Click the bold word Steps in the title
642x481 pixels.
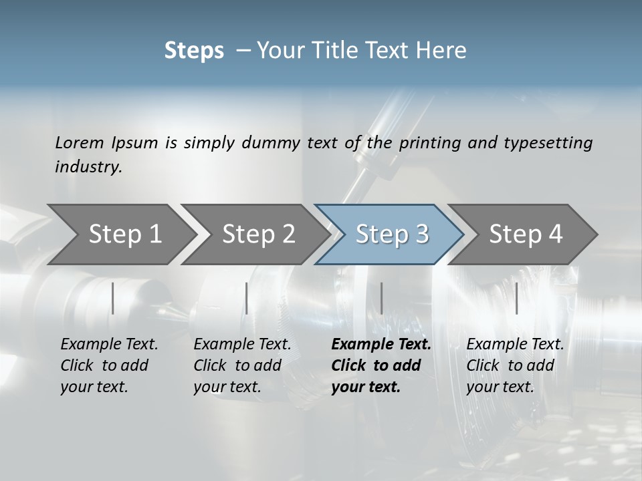[194, 51]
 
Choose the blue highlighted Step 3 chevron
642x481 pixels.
[392, 234]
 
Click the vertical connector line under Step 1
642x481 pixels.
[113, 298]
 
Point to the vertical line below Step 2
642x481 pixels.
[247, 298]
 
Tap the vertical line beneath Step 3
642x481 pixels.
[381, 298]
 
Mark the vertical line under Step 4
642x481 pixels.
[516, 298]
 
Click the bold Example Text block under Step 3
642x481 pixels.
[381, 365]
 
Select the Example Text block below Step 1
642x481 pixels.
[109, 365]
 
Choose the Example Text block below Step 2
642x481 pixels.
[242, 365]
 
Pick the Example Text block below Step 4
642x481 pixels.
[515, 365]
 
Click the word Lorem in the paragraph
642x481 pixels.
[79, 142]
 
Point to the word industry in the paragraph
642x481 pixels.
[88, 166]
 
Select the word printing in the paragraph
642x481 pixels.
[429, 143]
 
